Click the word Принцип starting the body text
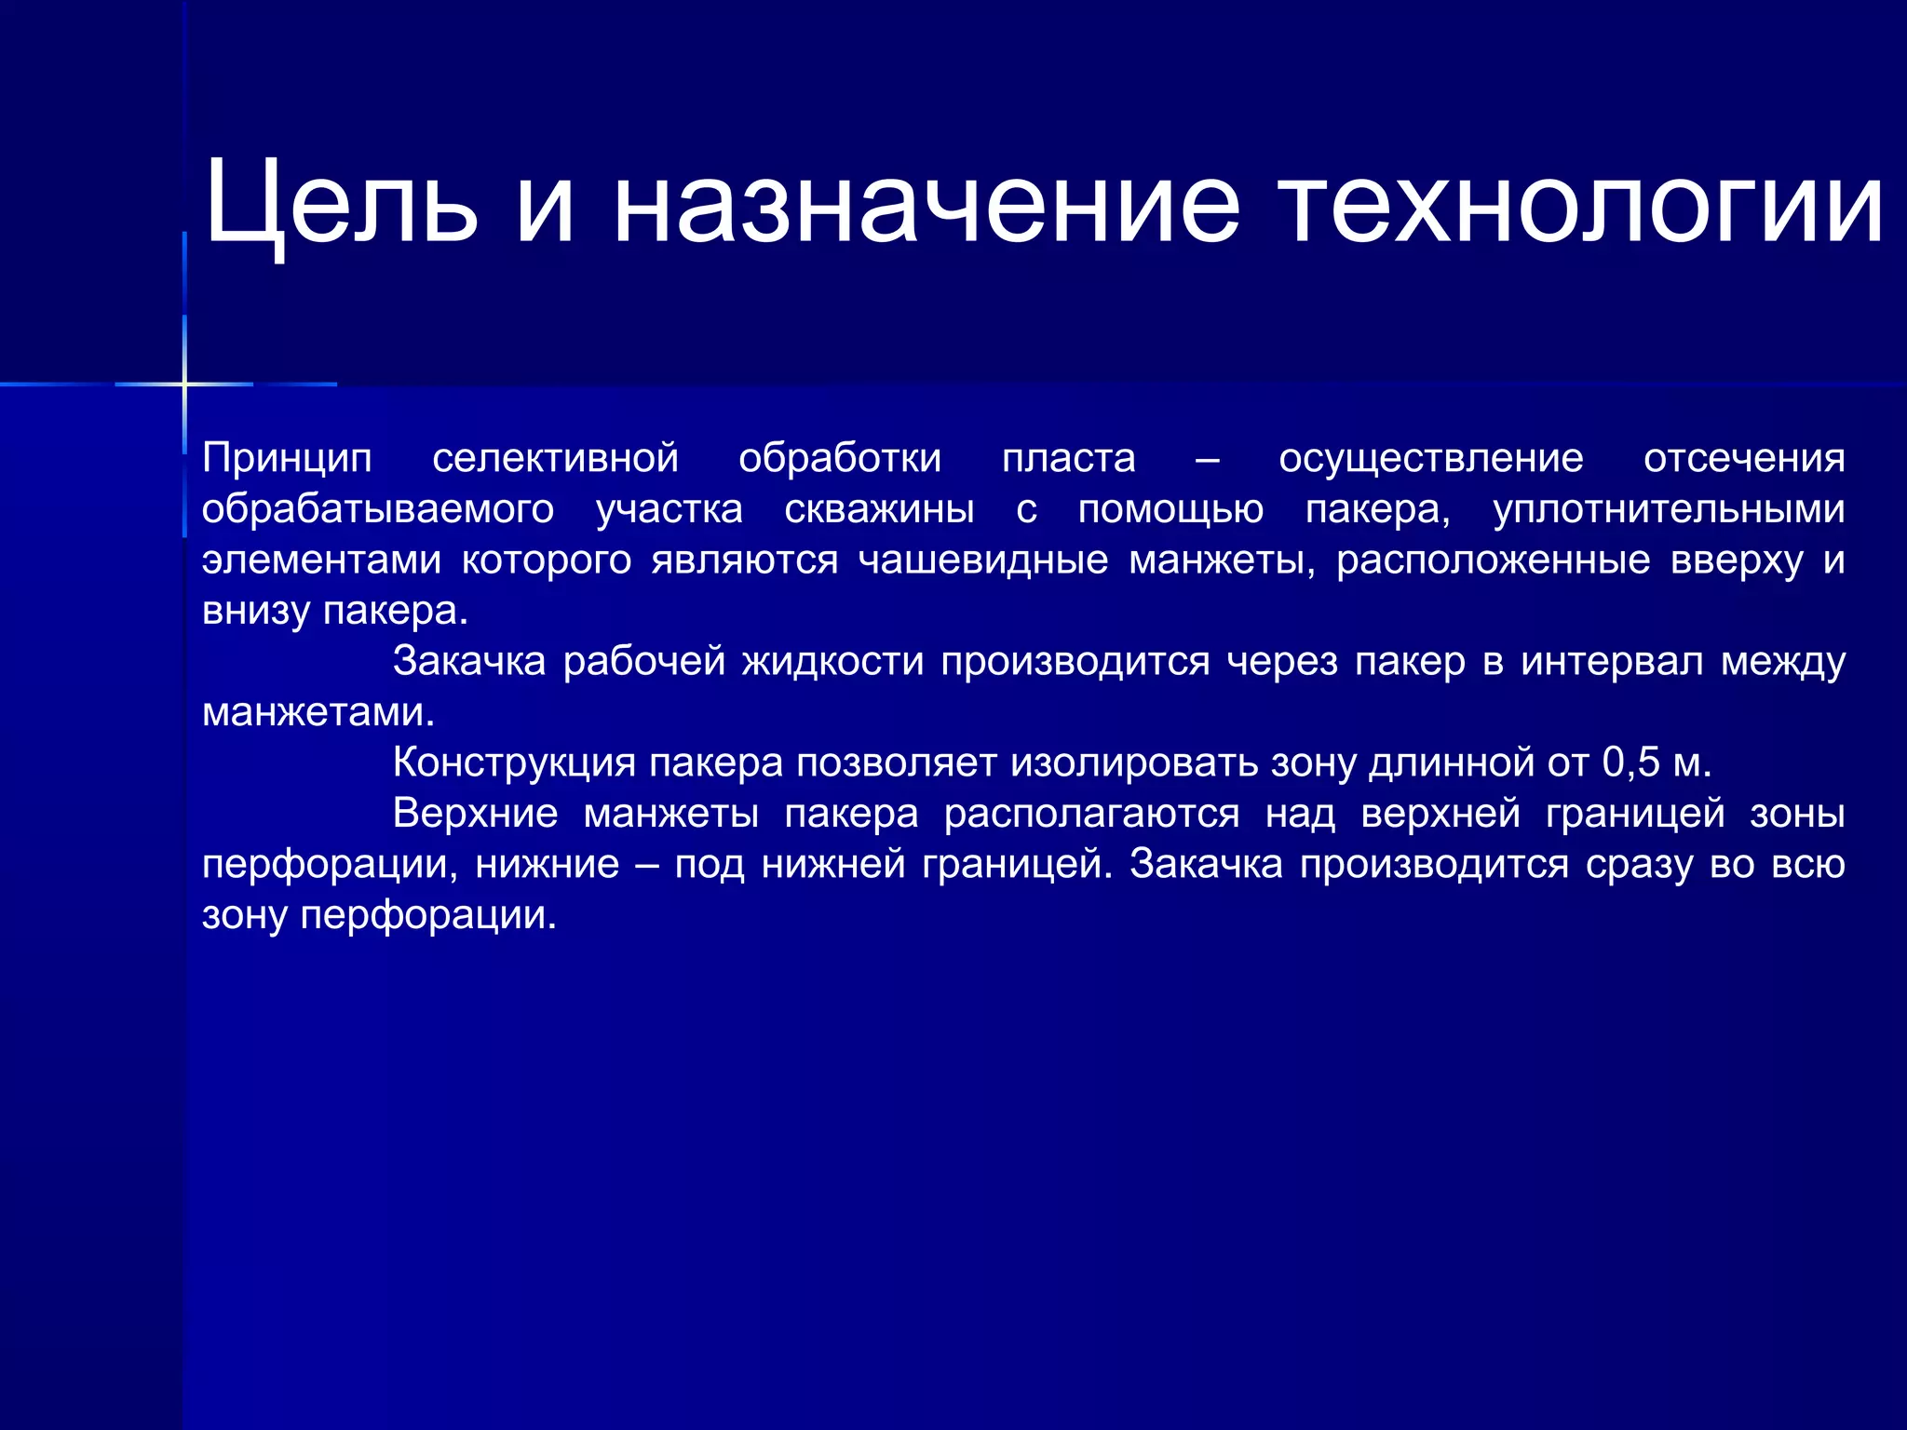[x=287, y=458]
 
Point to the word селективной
[x=555, y=458]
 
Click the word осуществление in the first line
[x=1430, y=458]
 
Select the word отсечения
[x=1743, y=458]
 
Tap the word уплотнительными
[x=1669, y=509]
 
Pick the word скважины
[x=879, y=509]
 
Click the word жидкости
[x=832, y=662]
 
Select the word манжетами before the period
[x=313, y=713]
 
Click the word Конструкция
[x=514, y=763]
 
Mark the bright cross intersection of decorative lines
[x=184, y=384]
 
